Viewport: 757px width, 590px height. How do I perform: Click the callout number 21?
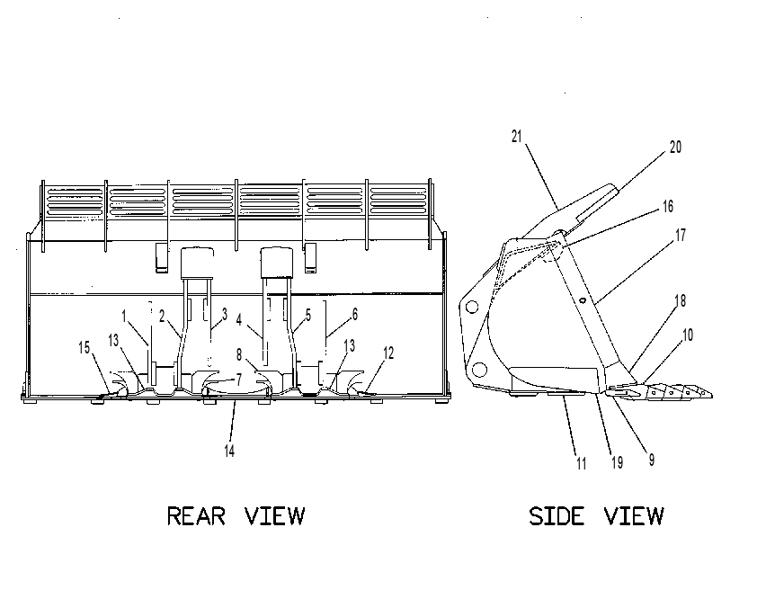coord(517,137)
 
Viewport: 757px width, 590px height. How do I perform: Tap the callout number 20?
coord(675,147)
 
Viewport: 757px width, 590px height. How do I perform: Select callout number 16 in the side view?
coord(668,207)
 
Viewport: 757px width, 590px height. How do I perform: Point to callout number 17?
coord(681,236)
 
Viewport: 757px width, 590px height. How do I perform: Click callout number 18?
coord(680,300)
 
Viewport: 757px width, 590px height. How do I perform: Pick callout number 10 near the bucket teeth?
coord(688,335)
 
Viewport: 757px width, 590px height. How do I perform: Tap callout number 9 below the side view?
coord(651,460)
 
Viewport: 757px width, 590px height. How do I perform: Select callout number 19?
coord(617,462)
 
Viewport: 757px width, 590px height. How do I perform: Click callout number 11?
coord(582,463)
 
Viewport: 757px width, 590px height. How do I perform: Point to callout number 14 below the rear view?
coord(229,451)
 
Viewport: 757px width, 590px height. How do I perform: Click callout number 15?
coord(84,347)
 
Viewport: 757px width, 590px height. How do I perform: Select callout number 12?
coord(388,353)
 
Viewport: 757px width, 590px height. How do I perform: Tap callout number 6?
coord(355,314)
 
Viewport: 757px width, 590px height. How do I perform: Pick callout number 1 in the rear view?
coord(124,317)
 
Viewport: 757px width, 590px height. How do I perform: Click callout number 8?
coord(239,355)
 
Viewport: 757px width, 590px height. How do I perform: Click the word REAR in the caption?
coord(196,515)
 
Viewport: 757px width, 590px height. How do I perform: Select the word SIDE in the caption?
coord(557,515)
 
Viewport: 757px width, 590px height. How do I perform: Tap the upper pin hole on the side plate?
coord(472,307)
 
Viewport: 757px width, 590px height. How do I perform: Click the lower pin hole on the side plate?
coord(479,370)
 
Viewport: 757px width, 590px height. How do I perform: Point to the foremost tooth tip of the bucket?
coord(712,396)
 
